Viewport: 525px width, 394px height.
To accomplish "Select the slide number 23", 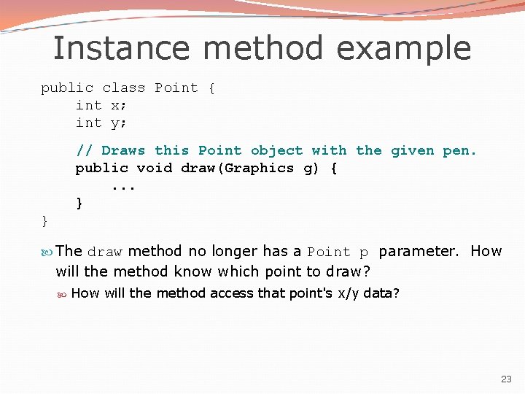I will pyautogui.click(x=506, y=379).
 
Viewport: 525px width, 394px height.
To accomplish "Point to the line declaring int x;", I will pyautogui.click(x=101, y=105).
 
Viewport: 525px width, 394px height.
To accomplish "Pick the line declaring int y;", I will pyautogui.click(x=101, y=123).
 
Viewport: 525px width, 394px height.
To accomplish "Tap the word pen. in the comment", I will pyautogui.click(x=459, y=151).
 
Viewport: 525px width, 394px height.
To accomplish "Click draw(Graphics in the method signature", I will pyautogui.click(x=237, y=169).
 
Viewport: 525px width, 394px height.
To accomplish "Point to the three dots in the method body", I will pyautogui.click(x=123, y=187).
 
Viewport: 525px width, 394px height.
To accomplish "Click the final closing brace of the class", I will pyautogui.click(x=44, y=220).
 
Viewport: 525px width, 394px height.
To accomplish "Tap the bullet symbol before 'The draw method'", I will pyautogui.click(x=47, y=252).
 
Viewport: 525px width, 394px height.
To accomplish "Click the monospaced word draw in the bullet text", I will pyautogui.click(x=105, y=252).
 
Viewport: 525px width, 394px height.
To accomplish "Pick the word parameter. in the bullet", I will pyautogui.click(x=419, y=252).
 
